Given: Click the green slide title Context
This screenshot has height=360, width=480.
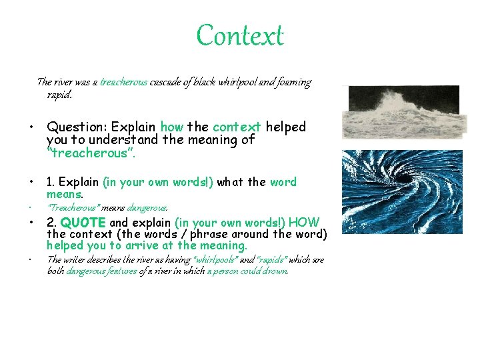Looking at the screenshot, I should pyautogui.click(x=240, y=35).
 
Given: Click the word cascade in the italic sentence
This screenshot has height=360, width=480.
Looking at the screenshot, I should pyautogui.click(x=165, y=83).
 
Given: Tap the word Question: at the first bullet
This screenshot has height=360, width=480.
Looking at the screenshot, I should pyautogui.click(x=77, y=127).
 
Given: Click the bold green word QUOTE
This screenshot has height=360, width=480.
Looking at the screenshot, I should pyautogui.click(x=83, y=223).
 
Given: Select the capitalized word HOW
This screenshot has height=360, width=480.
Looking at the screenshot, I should pyautogui.click(x=305, y=223).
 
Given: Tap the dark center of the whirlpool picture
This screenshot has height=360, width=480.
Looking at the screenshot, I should pyautogui.click(x=405, y=179).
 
